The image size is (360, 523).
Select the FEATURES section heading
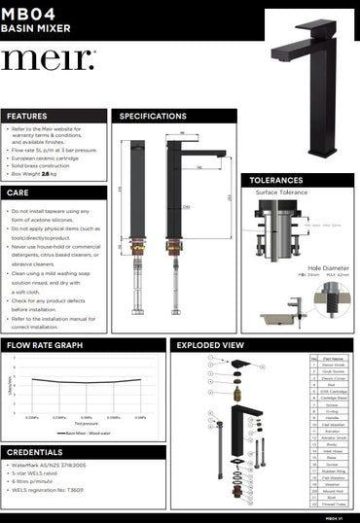click(28, 116)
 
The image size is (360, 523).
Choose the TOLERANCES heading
click(276, 180)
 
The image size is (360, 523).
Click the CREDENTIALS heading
click(35, 453)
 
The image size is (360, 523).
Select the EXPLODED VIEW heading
click(209, 345)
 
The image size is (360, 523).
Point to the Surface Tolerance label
click(282, 192)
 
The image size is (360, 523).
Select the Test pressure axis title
click(86, 423)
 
